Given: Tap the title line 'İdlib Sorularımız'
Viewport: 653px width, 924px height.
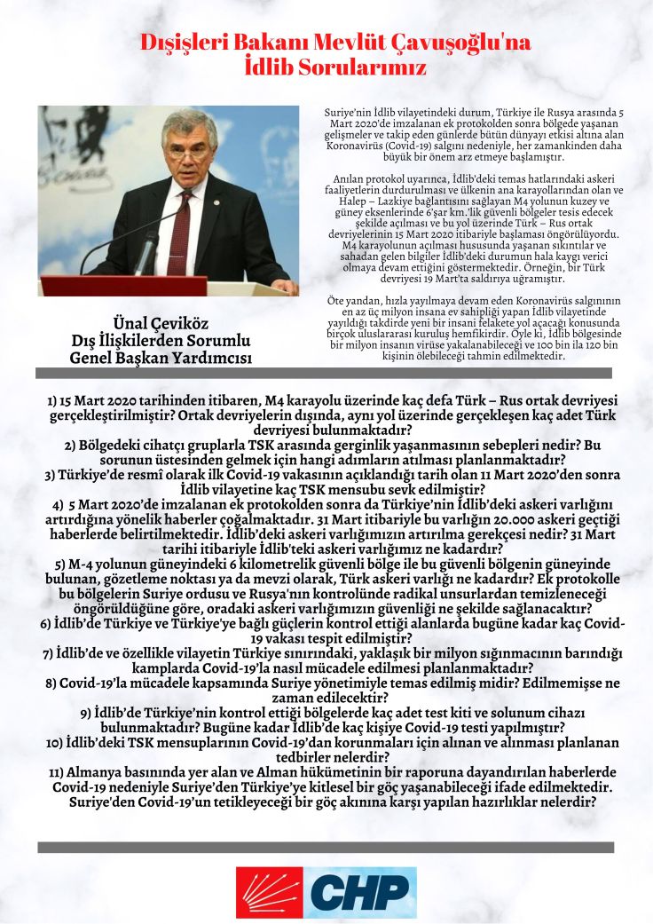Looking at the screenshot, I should pos(326,67).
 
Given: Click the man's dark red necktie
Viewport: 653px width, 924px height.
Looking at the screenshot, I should pos(180,233).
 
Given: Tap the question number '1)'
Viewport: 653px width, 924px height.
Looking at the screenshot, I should pos(53,401).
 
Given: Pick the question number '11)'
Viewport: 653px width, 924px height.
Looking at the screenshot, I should pos(59,773).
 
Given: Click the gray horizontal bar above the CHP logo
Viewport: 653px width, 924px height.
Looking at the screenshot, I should pos(326,847).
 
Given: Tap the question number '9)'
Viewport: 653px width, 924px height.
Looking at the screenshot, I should pos(86,713).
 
